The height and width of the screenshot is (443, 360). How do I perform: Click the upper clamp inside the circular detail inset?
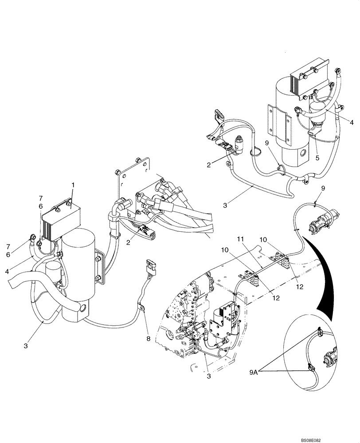(318, 330)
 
